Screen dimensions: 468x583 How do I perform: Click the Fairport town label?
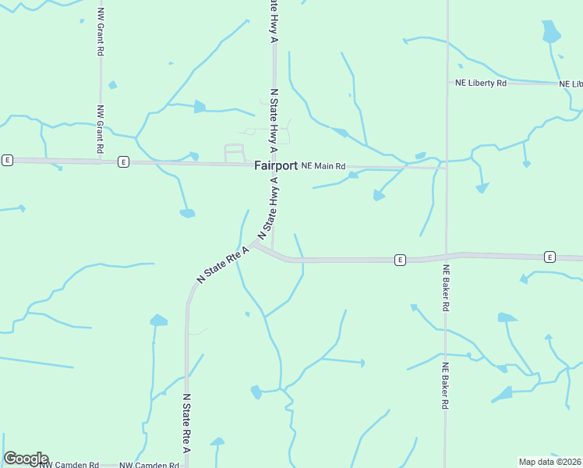(275, 165)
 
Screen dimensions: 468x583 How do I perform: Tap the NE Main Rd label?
(323, 165)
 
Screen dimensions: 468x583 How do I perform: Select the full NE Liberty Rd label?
(481, 83)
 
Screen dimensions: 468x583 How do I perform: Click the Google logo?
(26, 459)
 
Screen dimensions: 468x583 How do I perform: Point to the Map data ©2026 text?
(550, 462)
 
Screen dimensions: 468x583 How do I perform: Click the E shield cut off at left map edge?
(7, 160)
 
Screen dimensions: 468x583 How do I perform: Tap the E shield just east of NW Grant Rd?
(123, 161)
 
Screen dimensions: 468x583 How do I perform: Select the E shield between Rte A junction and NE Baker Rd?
(399, 260)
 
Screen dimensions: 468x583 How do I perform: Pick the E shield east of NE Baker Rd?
(549, 257)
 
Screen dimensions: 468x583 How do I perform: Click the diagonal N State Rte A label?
(223, 264)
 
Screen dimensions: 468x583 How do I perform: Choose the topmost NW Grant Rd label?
(101, 32)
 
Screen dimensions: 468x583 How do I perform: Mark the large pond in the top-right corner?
(550, 31)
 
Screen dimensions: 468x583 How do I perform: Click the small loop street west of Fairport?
(234, 153)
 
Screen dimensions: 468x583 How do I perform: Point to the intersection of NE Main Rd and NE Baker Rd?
(446, 166)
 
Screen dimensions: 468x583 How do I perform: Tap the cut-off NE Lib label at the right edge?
(571, 83)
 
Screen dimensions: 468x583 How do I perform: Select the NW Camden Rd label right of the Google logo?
(69, 465)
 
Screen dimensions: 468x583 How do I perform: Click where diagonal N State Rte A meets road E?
(255, 245)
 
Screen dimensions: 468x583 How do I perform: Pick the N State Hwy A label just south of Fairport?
(267, 207)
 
